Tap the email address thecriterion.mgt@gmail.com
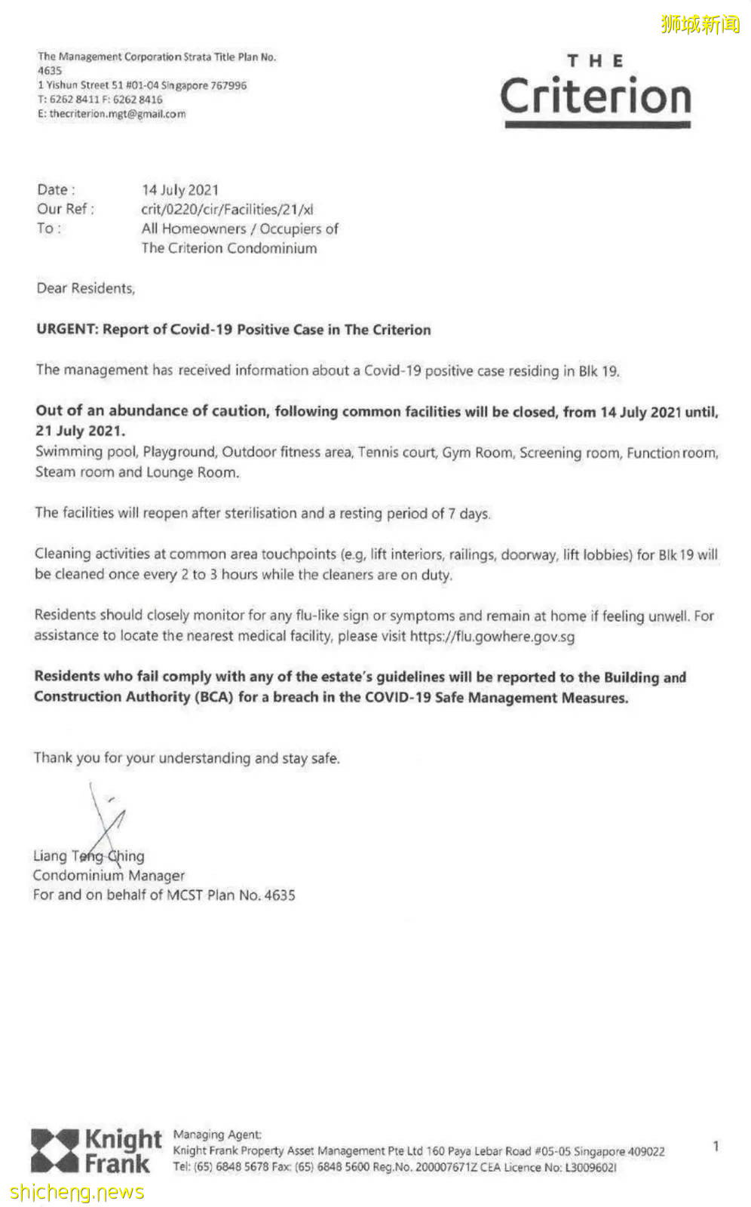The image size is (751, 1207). point(117,114)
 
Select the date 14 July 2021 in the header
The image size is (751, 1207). point(180,190)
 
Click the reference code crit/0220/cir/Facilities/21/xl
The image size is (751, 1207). point(227,210)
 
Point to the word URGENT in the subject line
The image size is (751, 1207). point(66,330)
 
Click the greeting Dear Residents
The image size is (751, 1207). point(85,288)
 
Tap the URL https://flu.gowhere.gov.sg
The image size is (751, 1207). point(492,636)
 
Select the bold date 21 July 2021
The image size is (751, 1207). point(80,431)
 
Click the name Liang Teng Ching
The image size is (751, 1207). point(88,856)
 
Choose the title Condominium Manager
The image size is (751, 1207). point(109,876)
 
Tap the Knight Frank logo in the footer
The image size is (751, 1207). point(96,1150)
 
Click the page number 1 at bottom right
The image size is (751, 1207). point(715,1147)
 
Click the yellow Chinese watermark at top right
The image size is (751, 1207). point(700,24)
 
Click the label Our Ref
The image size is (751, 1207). point(65,210)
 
